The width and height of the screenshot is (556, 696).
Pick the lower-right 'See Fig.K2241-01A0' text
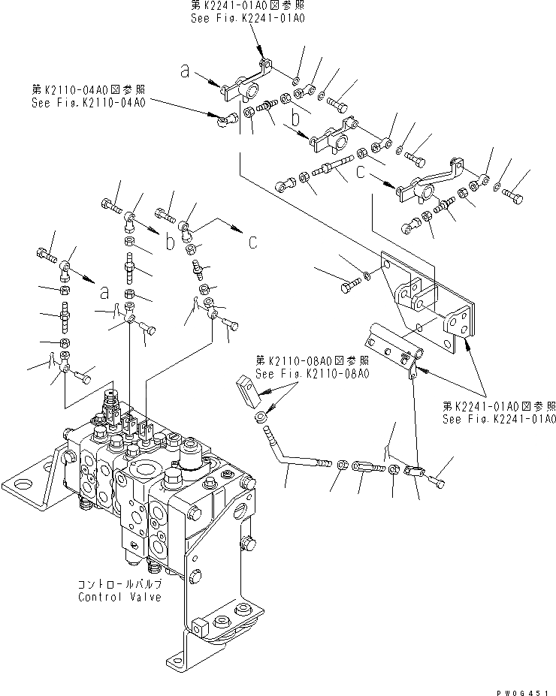click(499, 419)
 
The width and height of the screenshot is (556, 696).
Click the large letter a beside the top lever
click(184, 71)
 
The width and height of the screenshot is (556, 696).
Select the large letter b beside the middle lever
click(297, 119)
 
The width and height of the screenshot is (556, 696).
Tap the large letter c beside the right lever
click(363, 173)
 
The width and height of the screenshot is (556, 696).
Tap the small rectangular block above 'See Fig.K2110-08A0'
click(248, 388)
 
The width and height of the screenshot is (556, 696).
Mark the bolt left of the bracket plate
click(349, 286)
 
